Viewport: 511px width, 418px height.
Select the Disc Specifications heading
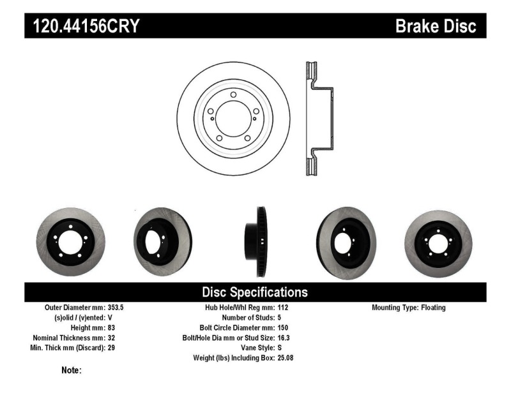pyautogui.click(x=255, y=292)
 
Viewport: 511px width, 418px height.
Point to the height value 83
pyautogui.click(x=111, y=327)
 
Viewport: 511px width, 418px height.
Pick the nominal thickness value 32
pyautogui.click(x=111, y=338)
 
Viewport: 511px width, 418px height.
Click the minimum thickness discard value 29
pyautogui.click(x=111, y=348)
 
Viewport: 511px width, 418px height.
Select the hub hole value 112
pyautogui.click(x=283, y=307)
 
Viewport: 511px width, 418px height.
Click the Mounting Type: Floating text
pyautogui.click(x=409, y=307)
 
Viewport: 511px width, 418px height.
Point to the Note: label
pyautogui.click(x=71, y=370)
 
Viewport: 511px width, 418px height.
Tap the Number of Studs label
pyautogui.click(x=248, y=317)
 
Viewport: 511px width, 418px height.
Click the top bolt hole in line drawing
pyautogui.click(x=233, y=95)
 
